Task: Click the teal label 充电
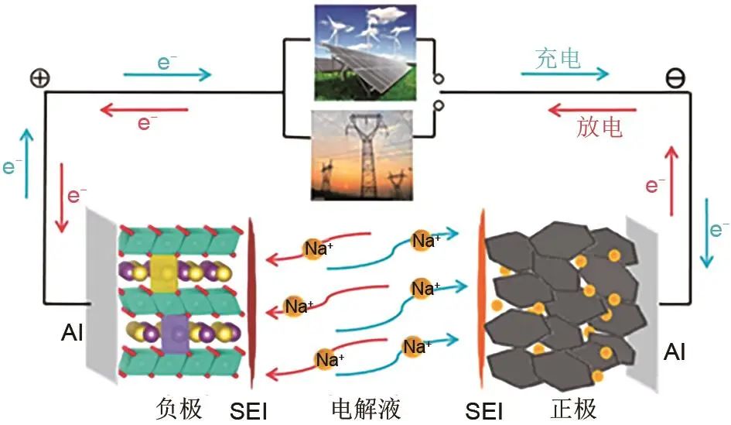[557, 58]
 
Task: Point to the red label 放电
[599, 126]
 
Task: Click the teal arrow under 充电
[565, 74]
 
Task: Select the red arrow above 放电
[591, 110]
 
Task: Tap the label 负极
[179, 408]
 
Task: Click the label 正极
[573, 408]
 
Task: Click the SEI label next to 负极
[248, 410]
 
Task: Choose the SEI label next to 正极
[484, 410]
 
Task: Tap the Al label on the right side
[675, 353]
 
